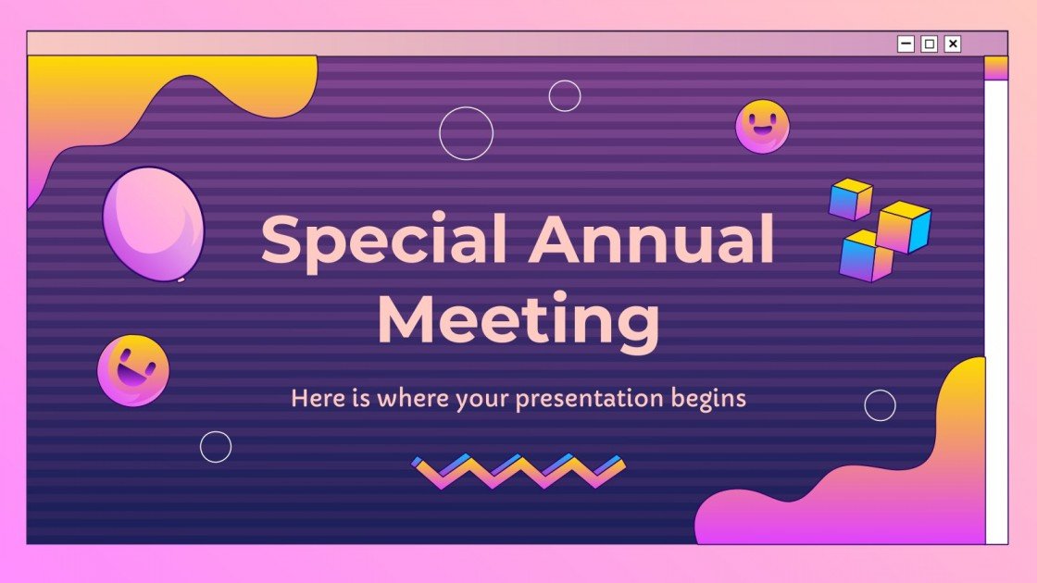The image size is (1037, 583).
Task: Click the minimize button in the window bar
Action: tap(906, 43)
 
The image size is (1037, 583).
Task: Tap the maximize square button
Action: tap(929, 43)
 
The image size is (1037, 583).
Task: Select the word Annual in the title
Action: tap(652, 239)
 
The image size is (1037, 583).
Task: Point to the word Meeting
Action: tap(518, 320)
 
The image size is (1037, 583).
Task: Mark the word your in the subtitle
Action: tap(481, 400)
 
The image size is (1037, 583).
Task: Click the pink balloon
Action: tap(154, 223)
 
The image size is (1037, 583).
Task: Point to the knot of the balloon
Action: tap(181, 279)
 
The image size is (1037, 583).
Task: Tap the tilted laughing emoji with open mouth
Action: tap(133, 370)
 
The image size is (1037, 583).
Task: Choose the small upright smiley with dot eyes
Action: tap(762, 127)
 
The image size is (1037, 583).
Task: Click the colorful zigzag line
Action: tap(518, 470)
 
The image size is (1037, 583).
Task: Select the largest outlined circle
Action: tap(466, 133)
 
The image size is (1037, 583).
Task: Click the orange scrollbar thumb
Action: tap(995, 68)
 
